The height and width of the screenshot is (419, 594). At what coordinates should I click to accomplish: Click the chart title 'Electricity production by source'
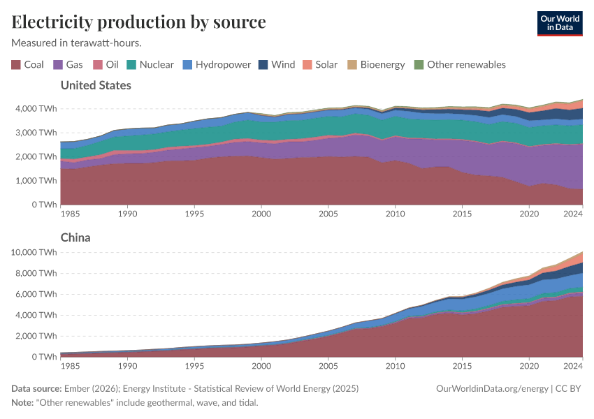click(138, 22)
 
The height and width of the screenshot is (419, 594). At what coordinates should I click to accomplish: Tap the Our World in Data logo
click(559, 23)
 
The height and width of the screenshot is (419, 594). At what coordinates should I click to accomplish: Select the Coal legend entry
click(28, 64)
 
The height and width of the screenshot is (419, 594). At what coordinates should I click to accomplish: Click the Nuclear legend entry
click(150, 64)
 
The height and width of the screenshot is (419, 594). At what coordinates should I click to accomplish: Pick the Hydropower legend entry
click(217, 64)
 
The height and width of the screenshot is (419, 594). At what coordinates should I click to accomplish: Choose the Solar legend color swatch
click(308, 64)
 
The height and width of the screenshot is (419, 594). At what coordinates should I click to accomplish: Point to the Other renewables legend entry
click(460, 64)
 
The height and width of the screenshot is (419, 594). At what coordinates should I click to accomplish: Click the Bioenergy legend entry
click(376, 64)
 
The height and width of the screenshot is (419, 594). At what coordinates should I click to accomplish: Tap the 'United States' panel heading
click(96, 85)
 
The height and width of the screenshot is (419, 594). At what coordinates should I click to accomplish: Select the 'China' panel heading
click(75, 237)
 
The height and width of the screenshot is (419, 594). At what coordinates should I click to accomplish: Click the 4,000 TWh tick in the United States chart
click(36, 109)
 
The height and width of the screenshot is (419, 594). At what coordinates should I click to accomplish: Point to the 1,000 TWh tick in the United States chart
click(36, 181)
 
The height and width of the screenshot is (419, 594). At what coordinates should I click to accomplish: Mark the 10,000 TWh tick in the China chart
click(34, 252)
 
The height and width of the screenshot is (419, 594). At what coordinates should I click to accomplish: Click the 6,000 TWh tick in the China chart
click(36, 294)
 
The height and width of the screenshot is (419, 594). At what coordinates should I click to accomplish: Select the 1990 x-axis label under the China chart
click(127, 365)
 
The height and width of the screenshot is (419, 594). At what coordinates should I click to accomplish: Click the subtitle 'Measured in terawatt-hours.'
click(77, 43)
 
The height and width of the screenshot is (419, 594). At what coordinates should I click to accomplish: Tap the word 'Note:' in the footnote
click(23, 402)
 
